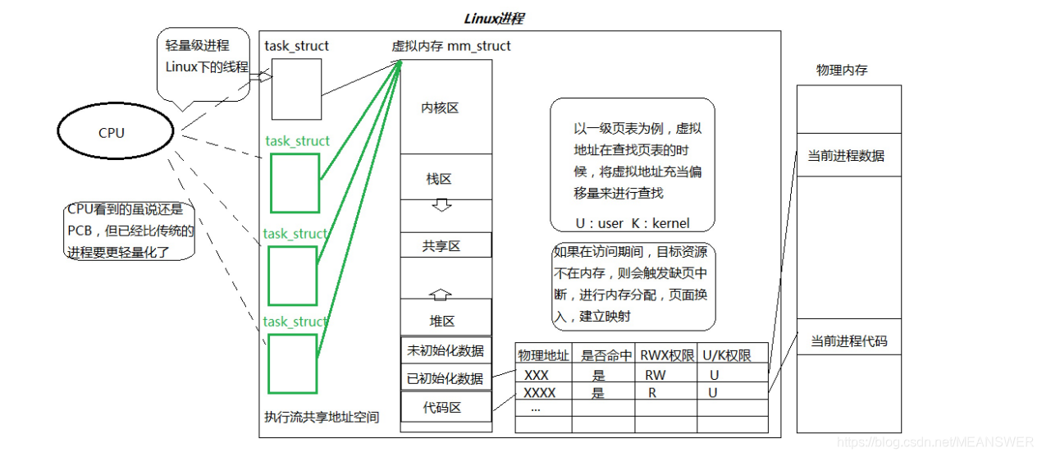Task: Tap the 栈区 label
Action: point(439,179)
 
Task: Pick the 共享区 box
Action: point(442,245)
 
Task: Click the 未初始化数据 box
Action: point(446,350)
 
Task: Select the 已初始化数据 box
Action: point(446,378)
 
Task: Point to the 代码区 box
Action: point(446,407)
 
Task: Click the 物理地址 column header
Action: point(542,355)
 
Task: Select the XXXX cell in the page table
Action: point(540,393)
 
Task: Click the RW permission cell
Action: point(656,375)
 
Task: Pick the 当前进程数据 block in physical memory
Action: point(848,156)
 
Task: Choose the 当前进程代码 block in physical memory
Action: point(848,340)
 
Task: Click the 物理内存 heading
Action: point(842,71)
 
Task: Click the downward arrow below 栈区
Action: point(442,205)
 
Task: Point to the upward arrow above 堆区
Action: point(441,293)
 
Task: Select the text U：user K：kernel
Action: point(632,223)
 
